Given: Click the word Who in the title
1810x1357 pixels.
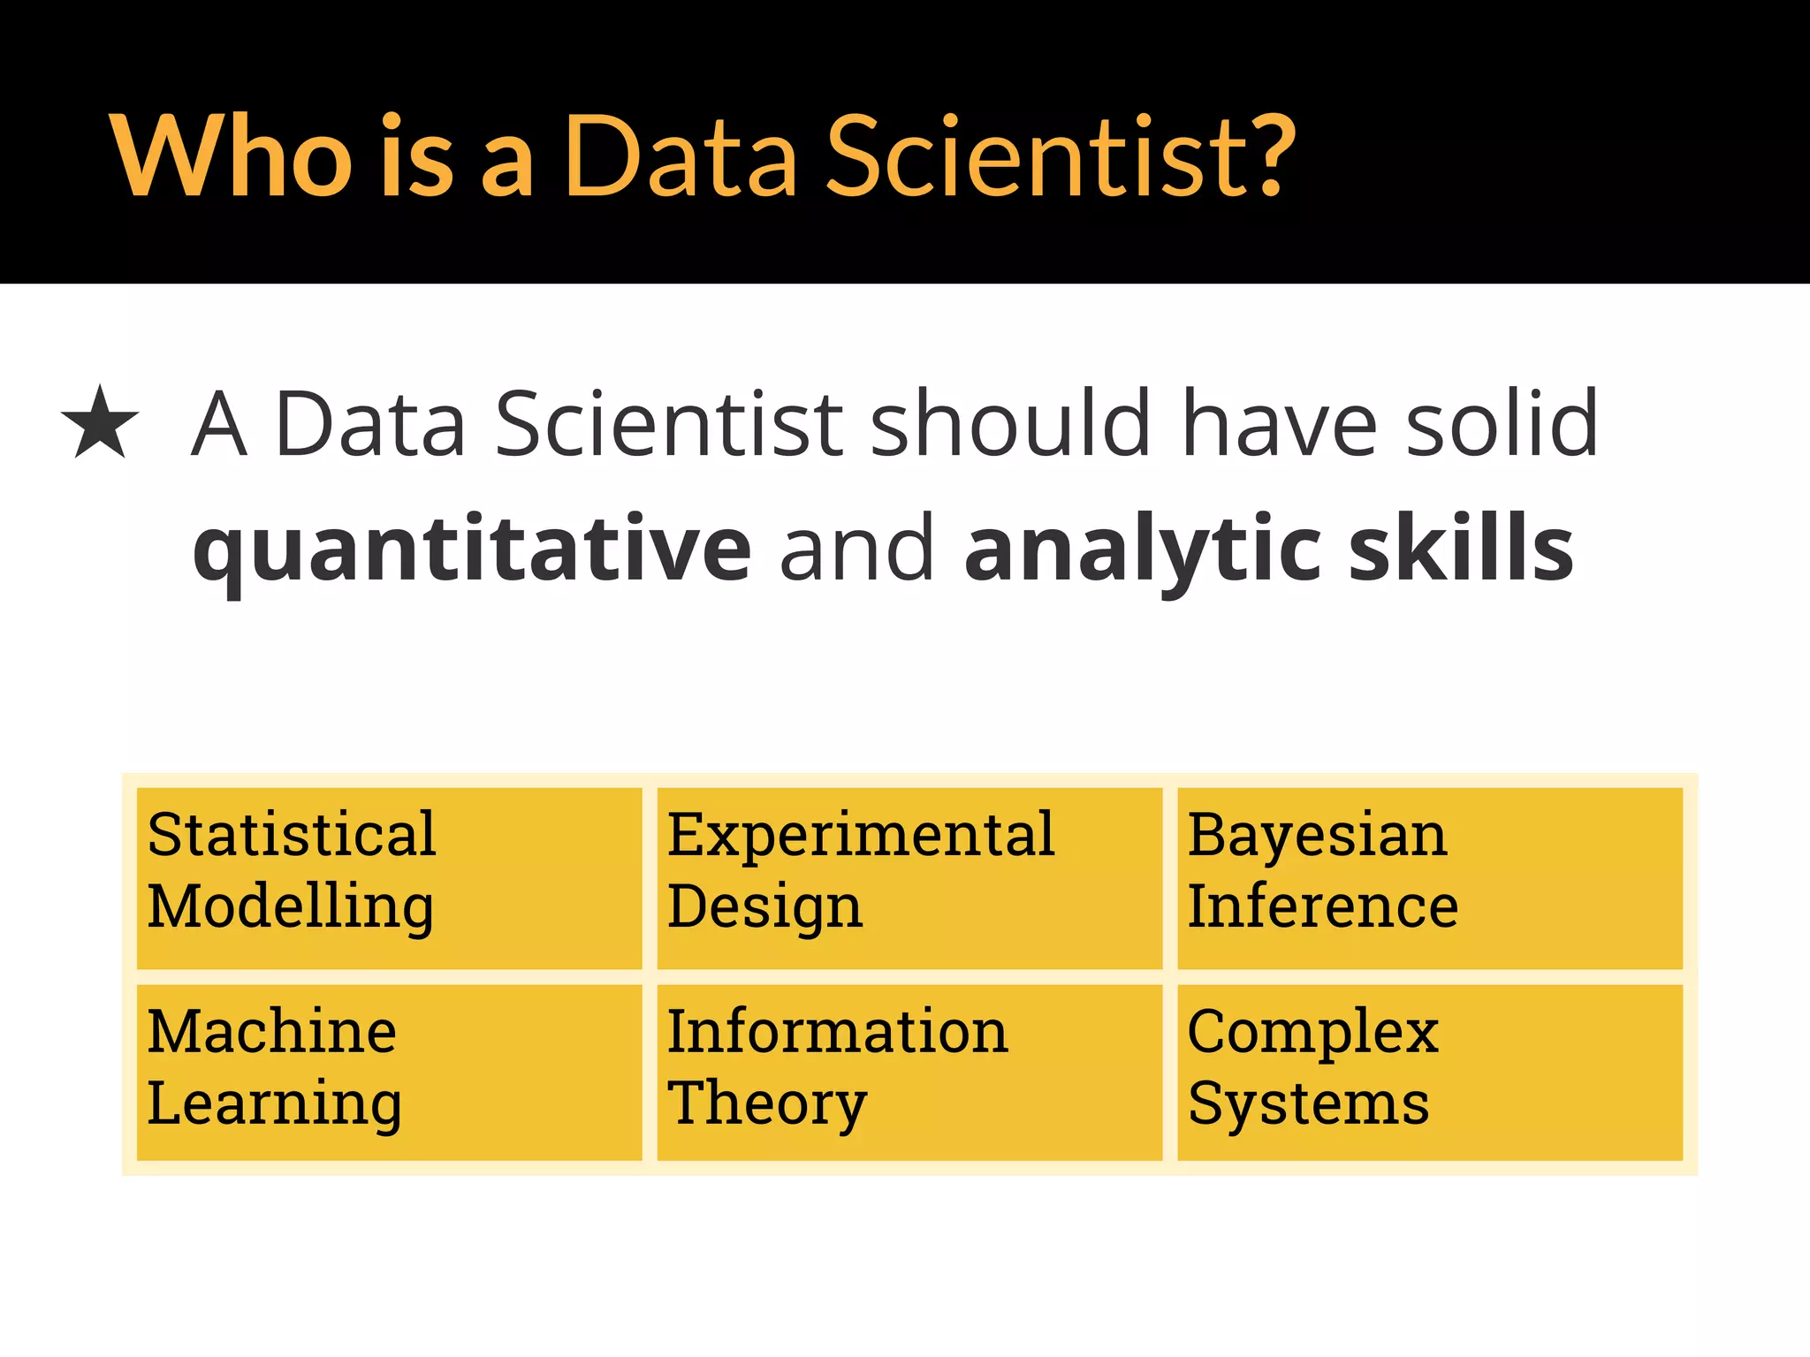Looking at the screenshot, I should [232, 157].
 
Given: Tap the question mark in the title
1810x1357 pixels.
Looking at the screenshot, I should [1266, 157].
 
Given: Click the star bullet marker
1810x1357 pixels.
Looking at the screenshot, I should [100, 423].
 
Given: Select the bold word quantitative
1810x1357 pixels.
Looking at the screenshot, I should [472, 550].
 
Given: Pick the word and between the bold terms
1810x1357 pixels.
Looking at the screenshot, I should [856, 550].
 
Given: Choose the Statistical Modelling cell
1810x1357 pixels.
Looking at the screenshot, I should [389, 877].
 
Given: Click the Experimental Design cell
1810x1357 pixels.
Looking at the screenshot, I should [909, 877].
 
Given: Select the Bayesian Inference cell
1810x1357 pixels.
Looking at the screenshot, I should [1429, 877].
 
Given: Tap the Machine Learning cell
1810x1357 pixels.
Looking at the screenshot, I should [389, 1072].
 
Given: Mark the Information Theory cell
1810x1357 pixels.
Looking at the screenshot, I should [909, 1072].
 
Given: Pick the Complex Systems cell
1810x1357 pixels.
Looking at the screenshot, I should [1429, 1072].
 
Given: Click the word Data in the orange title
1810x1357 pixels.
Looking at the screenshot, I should [681, 157].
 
